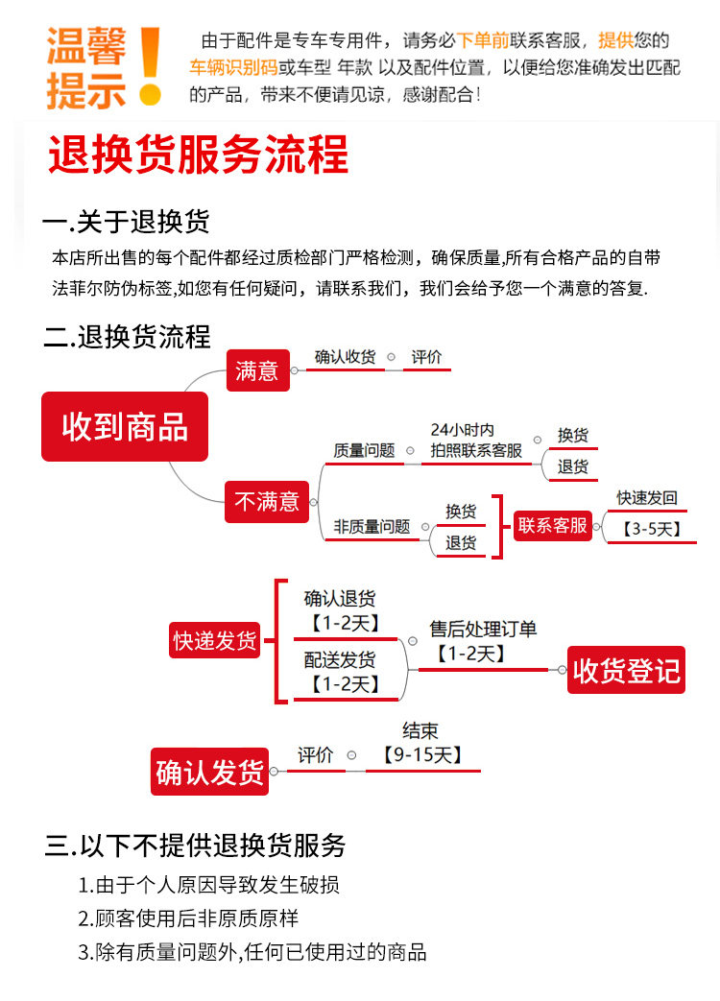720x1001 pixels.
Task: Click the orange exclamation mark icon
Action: [x=150, y=65]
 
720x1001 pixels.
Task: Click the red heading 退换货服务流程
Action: [x=198, y=155]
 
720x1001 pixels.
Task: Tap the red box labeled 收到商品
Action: [x=125, y=426]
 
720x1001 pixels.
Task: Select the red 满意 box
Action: [x=256, y=369]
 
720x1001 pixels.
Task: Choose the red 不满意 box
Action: [x=267, y=501]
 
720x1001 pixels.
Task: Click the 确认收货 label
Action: [x=345, y=357]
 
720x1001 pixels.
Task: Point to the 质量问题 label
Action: [x=364, y=450]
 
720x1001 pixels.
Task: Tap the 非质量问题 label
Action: [x=372, y=527]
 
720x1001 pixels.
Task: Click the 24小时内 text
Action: [x=462, y=430]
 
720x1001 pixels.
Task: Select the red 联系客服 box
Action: [x=553, y=525]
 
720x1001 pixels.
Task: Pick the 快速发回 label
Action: [x=647, y=498]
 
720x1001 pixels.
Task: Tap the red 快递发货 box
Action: [x=215, y=640]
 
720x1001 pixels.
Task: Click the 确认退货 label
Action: [x=340, y=599]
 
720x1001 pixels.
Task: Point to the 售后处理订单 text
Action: [x=483, y=630]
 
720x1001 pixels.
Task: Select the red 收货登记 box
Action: [x=626, y=671]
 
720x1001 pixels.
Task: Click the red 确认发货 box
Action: [x=209, y=772]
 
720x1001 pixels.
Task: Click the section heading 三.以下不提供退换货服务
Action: [x=195, y=846]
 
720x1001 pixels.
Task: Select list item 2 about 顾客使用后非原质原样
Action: [x=188, y=918]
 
